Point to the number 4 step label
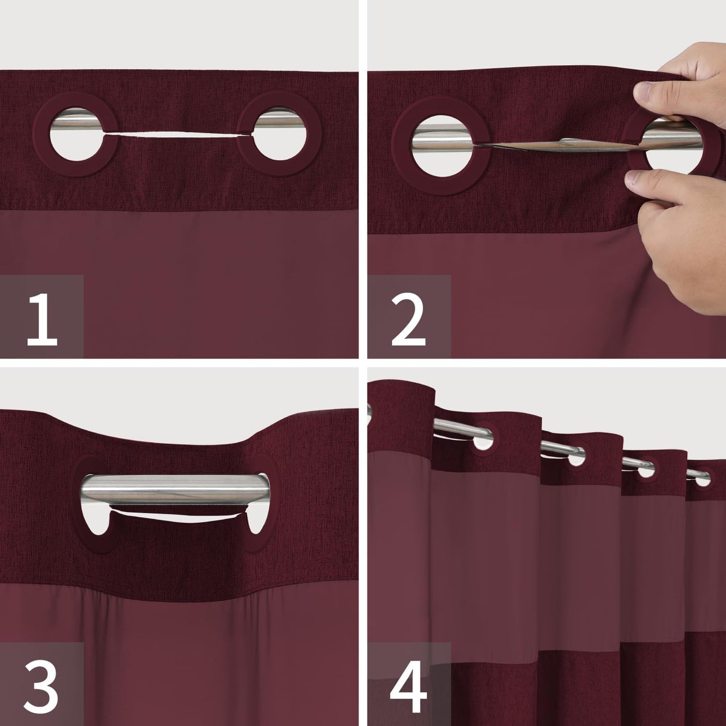[408, 685]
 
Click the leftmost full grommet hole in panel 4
[484, 442]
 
